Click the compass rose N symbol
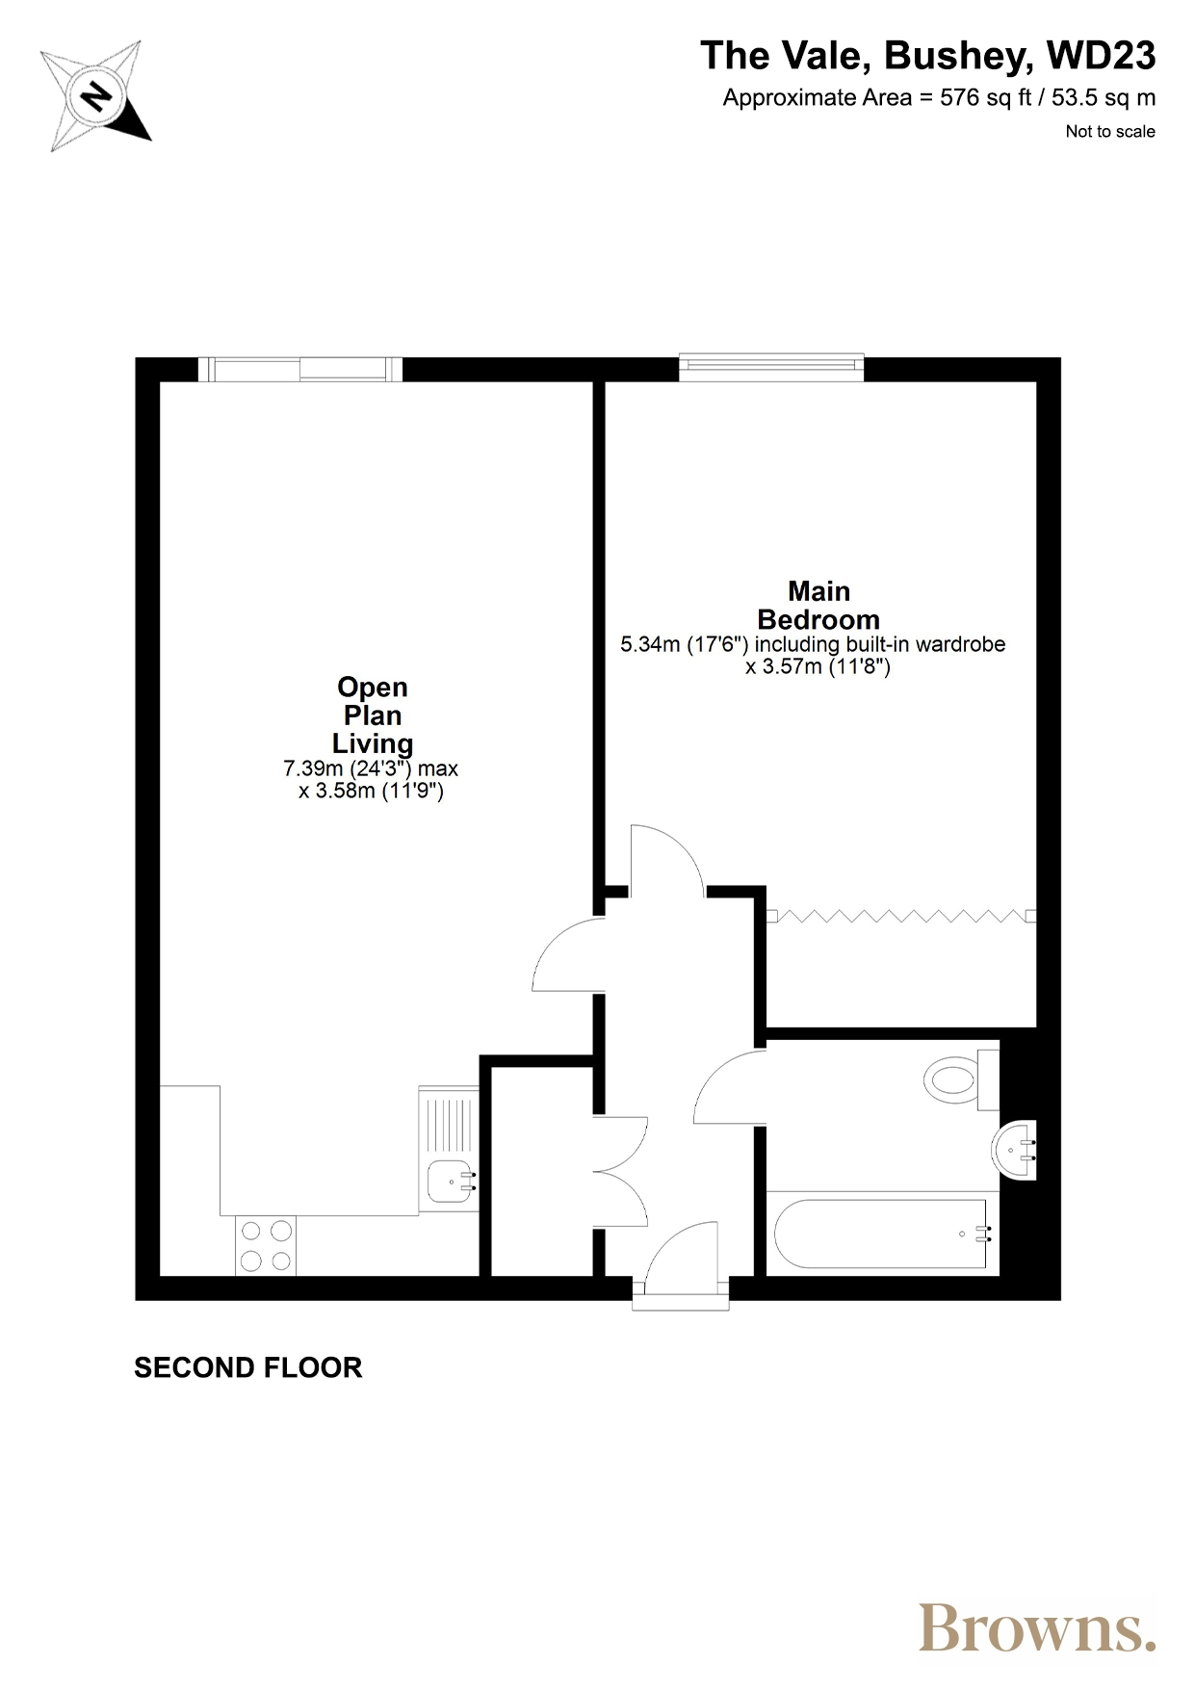pos(96,96)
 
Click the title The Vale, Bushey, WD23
pos(927,56)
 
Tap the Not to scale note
pos(1110,132)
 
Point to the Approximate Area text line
pos(939,98)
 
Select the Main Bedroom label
pos(818,605)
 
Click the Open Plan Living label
pos(373,715)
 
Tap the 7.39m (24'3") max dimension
pos(371,768)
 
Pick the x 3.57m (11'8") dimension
pos(818,666)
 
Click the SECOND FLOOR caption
pos(248,1367)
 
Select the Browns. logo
pos(1037,1627)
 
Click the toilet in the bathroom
pos(961,1080)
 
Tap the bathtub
pos(881,1234)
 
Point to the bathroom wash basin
pos(1013,1150)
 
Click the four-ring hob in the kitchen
pos(266,1246)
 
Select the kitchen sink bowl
pos(450,1182)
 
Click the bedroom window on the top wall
pos(771,368)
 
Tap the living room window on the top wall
pos(300,369)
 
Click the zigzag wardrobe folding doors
pos(901,917)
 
